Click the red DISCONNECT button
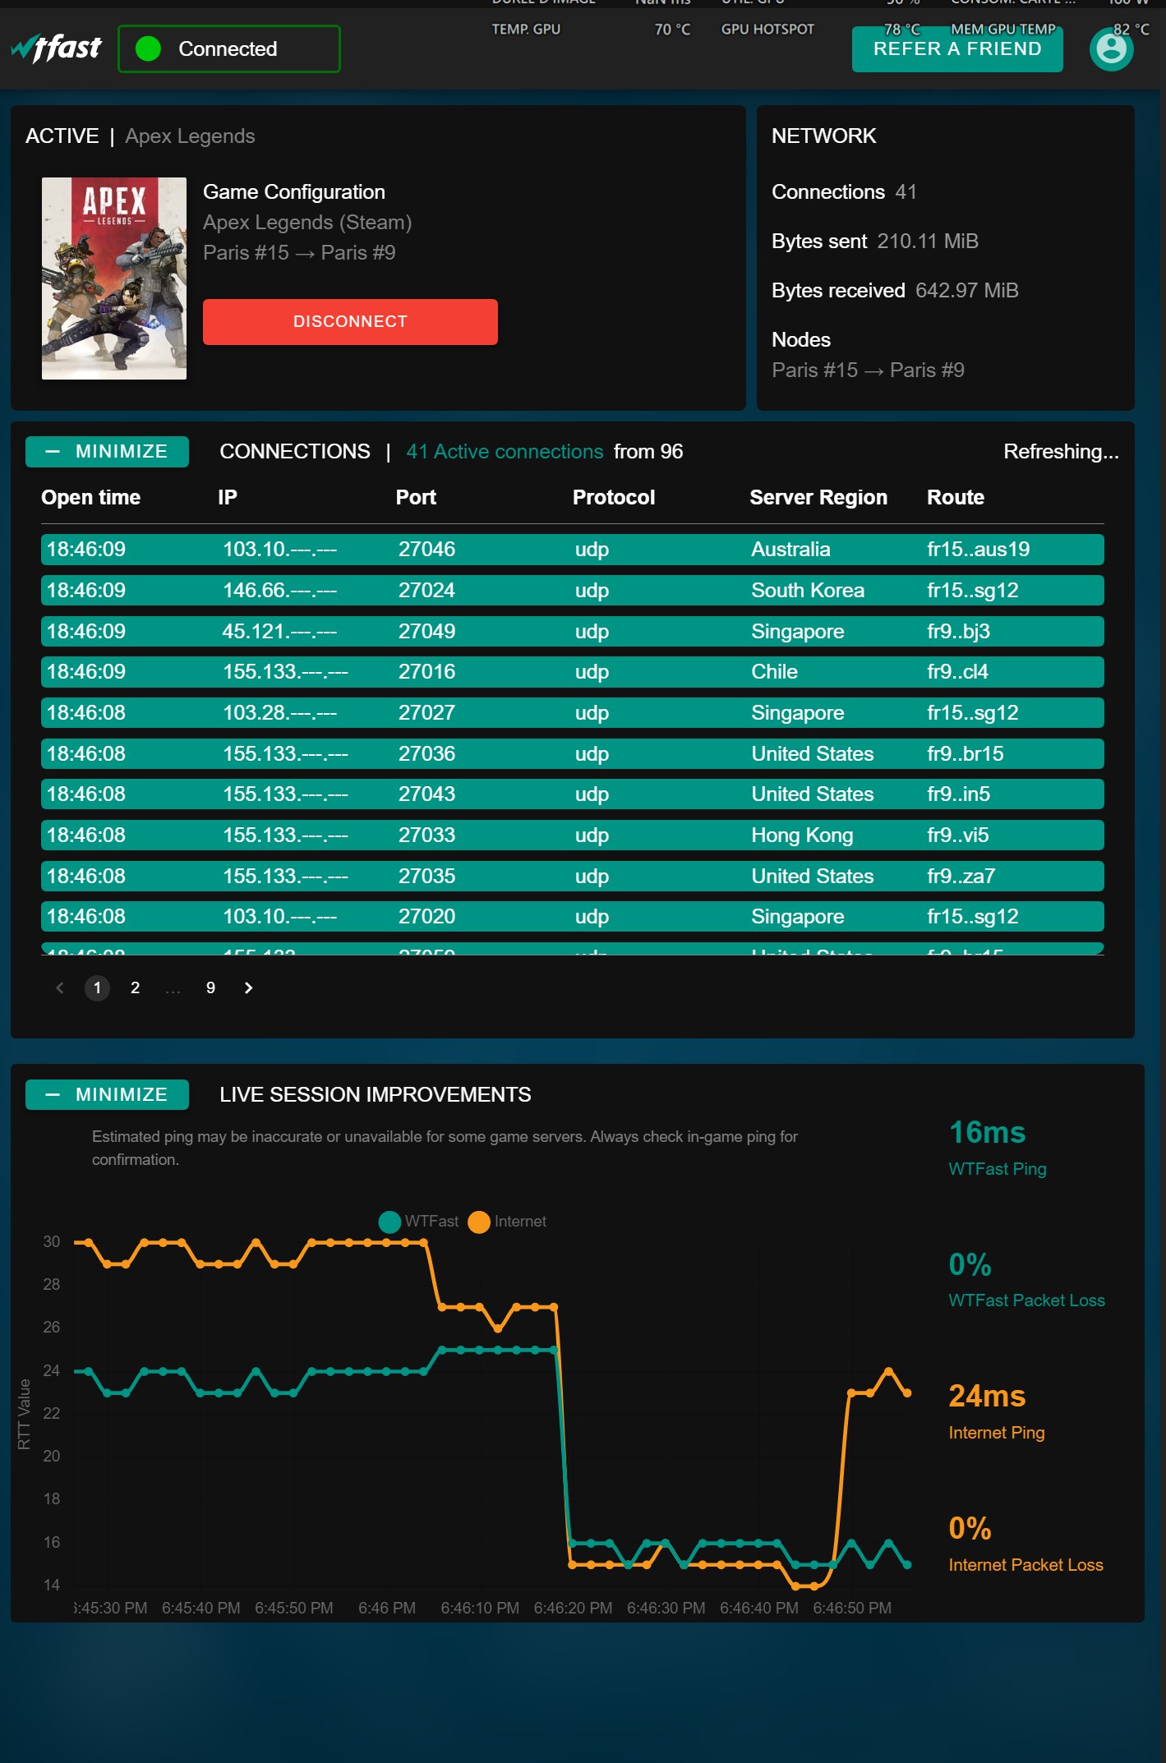pyautogui.click(x=350, y=322)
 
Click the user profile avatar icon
pyautogui.click(x=1111, y=49)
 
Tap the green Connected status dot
pyautogui.click(x=148, y=49)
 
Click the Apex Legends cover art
pyautogui.click(x=114, y=278)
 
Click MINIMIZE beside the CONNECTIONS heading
pyautogui.click(x=107, y=452)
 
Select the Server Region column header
pyautogui.click(x=818, y=498)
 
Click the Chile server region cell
pyautogui.click(x=774, y=672)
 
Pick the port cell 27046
pyautogui.click(x=426, y=550)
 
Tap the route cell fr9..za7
pyautogui.click(x=961, y=877)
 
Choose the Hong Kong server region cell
pyautogui.click(x=801, y=835)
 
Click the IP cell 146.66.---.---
pyautogui.click(x=279, y=591)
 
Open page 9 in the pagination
pyautogui.click(x=210, y=988)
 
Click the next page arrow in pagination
pyautogui.click(x=248, y=988)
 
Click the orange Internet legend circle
pyautogui.click(x=478, y=1222)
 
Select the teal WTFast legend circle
pyautogui.click(x=389, y=1222)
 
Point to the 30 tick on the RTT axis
pyautogui.click(x=52, y=1242)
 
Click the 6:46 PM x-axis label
pyautogui.click(x=386, y=1609)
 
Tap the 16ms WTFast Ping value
pyautogui.click(x=987, y=1133)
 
